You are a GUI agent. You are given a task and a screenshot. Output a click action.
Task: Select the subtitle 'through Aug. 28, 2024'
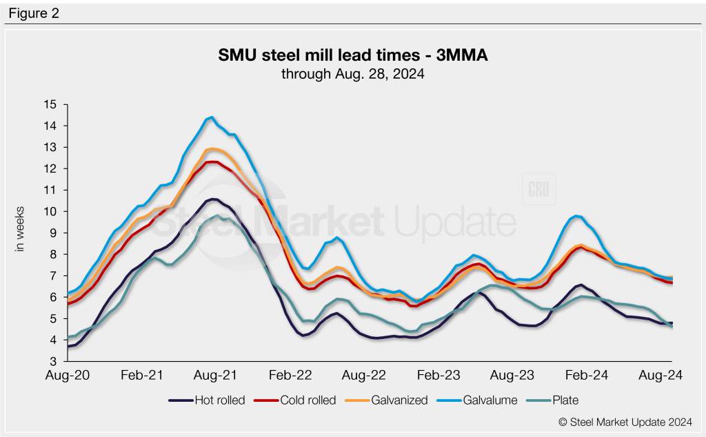(x=352, y=73)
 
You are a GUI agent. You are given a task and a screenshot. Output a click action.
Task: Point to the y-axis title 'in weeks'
(x=20, y=229)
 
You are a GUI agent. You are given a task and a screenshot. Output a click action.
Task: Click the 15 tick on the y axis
(x=49, y=104)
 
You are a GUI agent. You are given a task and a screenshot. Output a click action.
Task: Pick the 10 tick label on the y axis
(x=49, y=211)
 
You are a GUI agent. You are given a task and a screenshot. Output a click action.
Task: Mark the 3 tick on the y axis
(x=52, y=361)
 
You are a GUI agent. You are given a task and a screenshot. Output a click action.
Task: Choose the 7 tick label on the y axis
(x=52, y=275)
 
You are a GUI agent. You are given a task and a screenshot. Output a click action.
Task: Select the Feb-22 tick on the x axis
(x=289, y=375)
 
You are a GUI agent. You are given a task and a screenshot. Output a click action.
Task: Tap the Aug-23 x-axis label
(x=512, y=375)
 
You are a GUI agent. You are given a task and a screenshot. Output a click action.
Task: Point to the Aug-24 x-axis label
(x=660, y=375)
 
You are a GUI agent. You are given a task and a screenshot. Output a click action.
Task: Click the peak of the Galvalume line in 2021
(x=211, y=117)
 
